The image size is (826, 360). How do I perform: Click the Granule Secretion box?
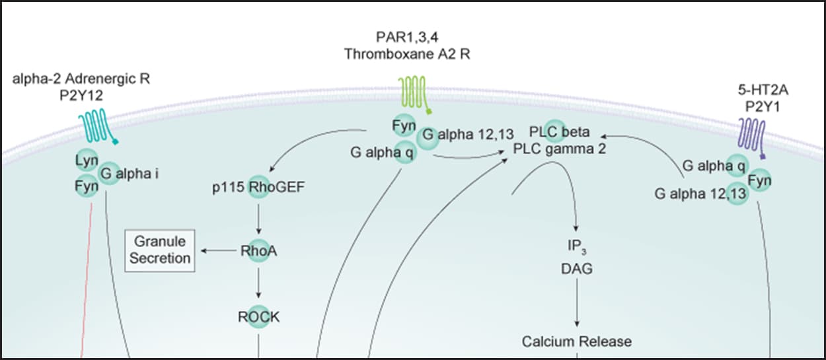coord(160,250)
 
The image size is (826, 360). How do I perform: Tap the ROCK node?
coord(258,317)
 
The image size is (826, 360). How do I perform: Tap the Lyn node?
coord(87,161)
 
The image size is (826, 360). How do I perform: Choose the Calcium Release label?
coord(576,342)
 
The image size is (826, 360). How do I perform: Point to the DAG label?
coord(577,270)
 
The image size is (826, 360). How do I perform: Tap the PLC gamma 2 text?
coord(560,149)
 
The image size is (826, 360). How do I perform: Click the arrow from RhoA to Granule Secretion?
coord(219,251)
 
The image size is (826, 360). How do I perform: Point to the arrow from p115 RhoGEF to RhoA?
coord(258,218)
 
